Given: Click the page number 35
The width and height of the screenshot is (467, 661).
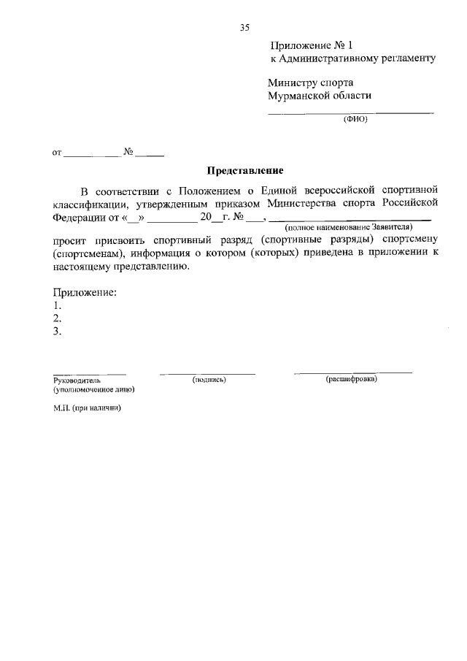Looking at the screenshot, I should coord(244,28).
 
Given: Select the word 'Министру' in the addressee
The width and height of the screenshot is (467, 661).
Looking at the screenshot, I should coord(290,83).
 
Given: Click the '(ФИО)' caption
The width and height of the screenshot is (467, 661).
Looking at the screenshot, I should coord(355,121).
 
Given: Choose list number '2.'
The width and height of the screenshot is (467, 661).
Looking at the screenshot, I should coord(57,318).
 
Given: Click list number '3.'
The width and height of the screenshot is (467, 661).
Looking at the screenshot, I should coord(57,332).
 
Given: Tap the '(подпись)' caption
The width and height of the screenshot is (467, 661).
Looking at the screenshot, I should coord(209,380).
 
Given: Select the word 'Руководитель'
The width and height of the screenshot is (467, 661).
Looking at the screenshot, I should coord(77,381).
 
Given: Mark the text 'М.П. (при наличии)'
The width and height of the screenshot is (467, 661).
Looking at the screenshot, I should coord(86,408).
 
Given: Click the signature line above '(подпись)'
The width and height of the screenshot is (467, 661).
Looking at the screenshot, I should coord(207,373).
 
